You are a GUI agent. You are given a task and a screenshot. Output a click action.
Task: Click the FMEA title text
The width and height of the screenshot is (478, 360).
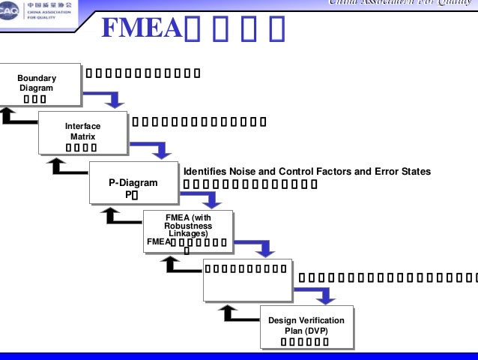click(x=142, y=28)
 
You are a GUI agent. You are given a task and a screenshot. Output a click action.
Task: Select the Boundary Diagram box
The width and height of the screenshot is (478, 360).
click(x=37, y=85)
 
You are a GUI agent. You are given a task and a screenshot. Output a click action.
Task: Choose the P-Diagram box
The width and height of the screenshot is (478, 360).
click(x=133, y=183)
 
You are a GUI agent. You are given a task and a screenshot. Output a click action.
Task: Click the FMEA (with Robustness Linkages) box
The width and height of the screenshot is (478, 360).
click(x=187, y=232)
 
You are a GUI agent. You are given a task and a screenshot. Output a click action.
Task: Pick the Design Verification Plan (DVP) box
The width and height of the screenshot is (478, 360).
click(x=306, y=327)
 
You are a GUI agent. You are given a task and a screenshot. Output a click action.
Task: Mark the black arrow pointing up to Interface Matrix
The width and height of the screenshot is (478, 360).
click(x=65, y=166)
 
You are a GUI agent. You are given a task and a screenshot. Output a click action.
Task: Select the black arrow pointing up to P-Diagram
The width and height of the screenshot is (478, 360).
click(x=118, y=216)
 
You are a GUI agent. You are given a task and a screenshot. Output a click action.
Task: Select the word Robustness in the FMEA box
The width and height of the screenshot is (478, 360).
click(x=188, y=226)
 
